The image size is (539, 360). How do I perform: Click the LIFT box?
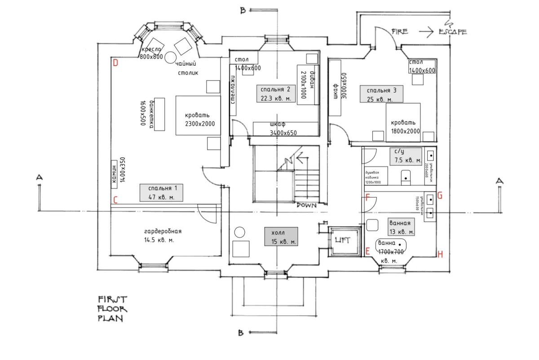[x=345, y=240]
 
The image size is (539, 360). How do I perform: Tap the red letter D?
[x=115, y=63]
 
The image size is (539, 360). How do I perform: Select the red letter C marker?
[x=115, y=200]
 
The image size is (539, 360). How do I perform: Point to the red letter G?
[x=440, y=196]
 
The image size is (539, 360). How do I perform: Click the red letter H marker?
[x=440, y=254]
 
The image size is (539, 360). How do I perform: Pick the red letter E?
[x=368, y=251]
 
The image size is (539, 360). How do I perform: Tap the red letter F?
[x=368, y=197]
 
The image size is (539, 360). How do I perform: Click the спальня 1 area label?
[x=161, y=193]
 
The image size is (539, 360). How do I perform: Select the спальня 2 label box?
[x=276, y=93]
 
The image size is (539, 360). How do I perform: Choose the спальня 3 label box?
[x=381, y=94]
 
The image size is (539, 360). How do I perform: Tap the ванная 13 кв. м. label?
[x=400, y=227]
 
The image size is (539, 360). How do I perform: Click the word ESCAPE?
[x=452, y=31]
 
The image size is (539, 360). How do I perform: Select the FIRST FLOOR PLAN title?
[x=112, y=309]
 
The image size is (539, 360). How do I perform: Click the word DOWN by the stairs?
[x=306, y=205]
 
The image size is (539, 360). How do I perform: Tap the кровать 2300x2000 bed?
[x=198, y=115]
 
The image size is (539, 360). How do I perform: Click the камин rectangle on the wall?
[x=114, y=172]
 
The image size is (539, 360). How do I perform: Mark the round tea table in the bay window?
[x=171, y=57]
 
